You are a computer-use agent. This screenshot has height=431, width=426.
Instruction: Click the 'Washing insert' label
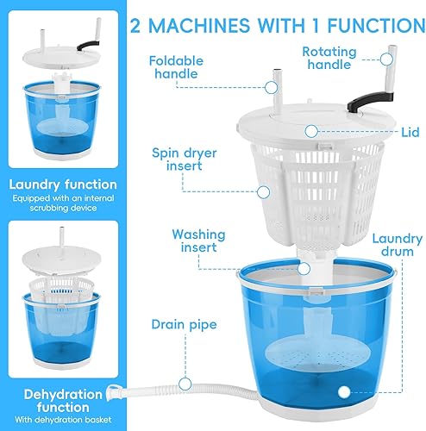(x=199, y=241)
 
